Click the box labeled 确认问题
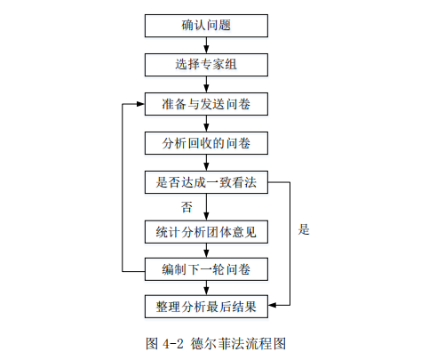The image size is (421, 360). tap(206, 26)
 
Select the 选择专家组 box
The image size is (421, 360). tap(206, 65)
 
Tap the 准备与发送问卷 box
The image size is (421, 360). tap(206, 104)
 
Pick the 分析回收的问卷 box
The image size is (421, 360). tap(206, 143)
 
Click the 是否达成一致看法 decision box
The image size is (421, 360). tap(206, 182)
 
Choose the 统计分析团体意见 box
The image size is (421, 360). tap(206, 232)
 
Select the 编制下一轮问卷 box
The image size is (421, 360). tap(206, 269)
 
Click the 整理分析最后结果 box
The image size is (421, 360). tap(206, 307)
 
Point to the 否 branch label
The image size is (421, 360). tap(187, 207)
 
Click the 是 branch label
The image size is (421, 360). tap(304, 229)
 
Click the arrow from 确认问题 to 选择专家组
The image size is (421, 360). tap(206, 45)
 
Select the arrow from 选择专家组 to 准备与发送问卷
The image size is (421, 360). tap(206, 84)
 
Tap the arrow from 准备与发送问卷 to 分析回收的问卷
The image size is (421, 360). tap(206, 124)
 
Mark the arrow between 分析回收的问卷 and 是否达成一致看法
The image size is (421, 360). tap(206, 163)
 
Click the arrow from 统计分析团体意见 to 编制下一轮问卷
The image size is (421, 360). tap(206, 251)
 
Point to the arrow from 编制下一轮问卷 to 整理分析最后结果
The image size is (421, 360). tap(206, 288)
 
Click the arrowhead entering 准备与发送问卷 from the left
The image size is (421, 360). tap(140, 104)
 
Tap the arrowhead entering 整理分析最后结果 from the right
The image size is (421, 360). tap(273, 305)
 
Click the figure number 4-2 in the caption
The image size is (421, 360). tap(173, 344)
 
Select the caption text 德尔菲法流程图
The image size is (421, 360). tap(238, 344)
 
